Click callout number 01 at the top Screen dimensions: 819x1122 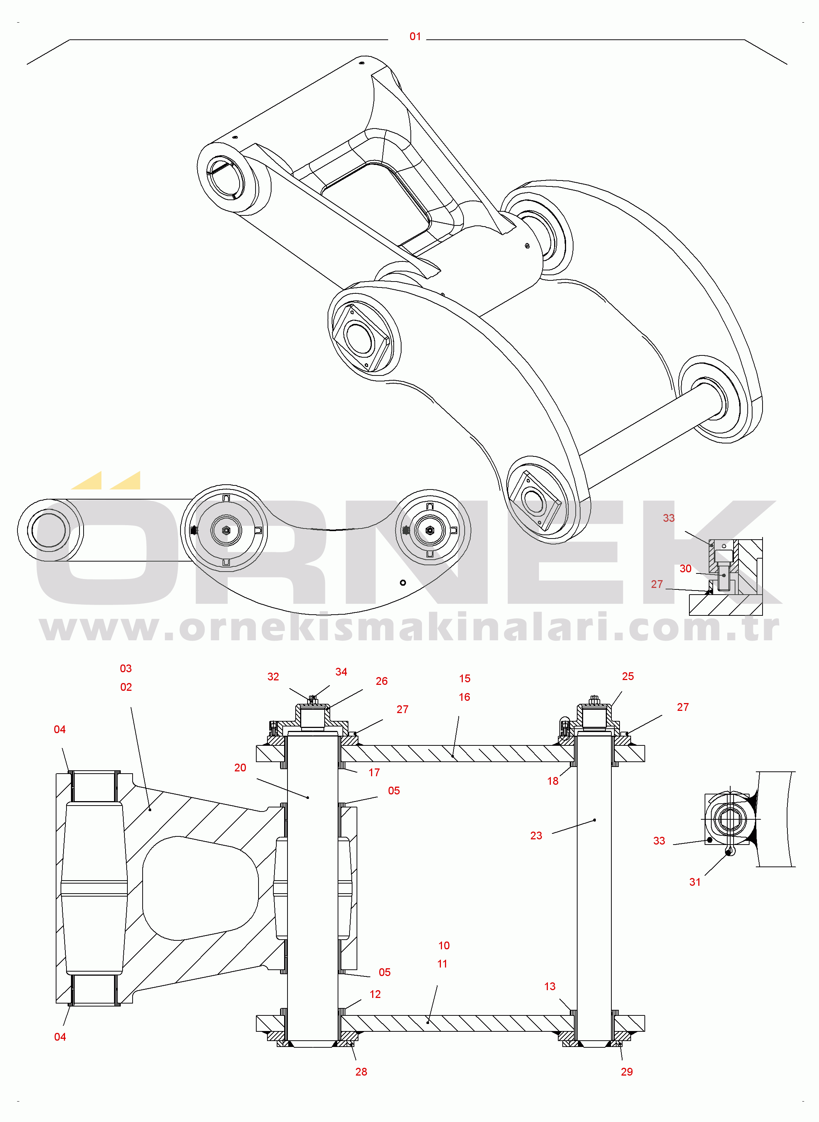point(415,37)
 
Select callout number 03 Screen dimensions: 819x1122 point(126,669)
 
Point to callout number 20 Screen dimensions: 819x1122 point(240,768)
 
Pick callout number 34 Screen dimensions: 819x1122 point(341,672)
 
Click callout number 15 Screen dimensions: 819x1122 point(465,679)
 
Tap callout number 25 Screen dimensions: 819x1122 point(628,676)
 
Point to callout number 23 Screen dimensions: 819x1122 point(536,836)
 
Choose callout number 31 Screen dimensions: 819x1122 point(695,882)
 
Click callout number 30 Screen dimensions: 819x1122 point(685,569)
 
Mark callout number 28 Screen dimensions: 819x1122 point(361,1072)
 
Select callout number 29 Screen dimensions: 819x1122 point(627,1072)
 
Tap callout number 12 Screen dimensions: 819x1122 point(375,995)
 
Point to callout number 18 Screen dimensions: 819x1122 point(553,781)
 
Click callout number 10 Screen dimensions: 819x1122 point(444,946)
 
